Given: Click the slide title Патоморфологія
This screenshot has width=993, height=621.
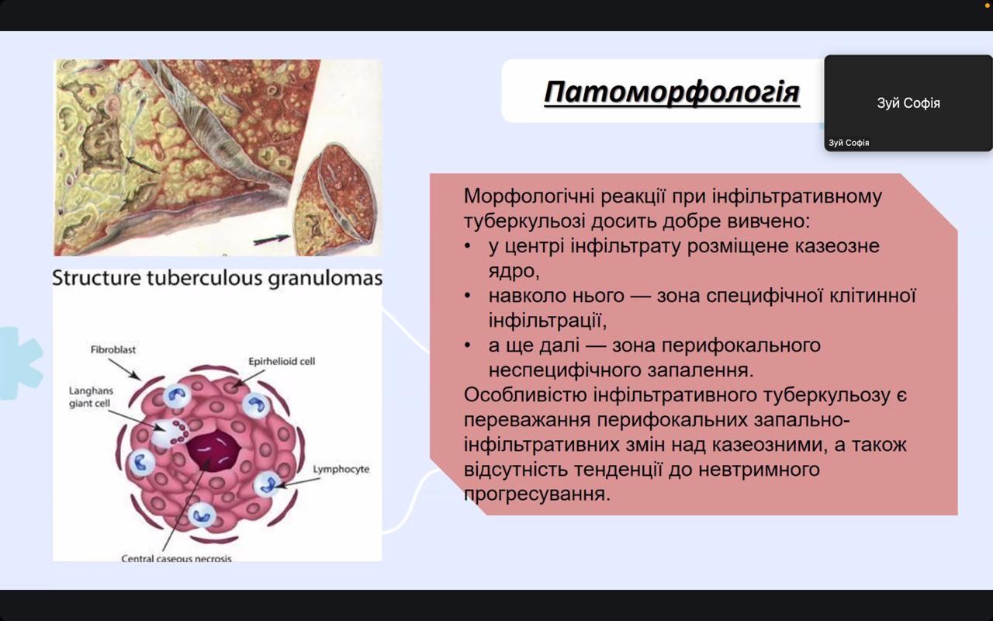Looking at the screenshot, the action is (672, 92).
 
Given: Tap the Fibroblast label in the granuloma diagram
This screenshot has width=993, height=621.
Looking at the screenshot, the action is (113, 349).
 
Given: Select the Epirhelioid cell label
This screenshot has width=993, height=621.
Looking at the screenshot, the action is (282, 362).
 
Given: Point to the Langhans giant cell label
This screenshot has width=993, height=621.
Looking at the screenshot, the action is (91, 397).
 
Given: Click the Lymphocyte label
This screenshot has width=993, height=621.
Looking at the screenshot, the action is (341, 470).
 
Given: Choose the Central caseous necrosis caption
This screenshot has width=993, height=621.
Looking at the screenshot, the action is (176, 558).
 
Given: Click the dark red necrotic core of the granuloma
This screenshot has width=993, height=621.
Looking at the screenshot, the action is (213, 451).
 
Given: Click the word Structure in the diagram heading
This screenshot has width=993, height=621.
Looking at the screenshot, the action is (97, 278).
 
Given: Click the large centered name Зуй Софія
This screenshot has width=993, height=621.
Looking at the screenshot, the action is (908, 103).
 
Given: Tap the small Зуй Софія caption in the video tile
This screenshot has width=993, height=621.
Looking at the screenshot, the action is (849, 143).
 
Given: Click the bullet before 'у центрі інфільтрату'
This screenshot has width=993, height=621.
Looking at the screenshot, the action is (467, 246).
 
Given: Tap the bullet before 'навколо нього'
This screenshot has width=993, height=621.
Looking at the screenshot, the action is (467, 296).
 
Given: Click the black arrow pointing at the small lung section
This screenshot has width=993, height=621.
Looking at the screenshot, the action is (272, 240).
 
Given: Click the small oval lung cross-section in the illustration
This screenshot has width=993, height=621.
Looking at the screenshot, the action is (335, 199).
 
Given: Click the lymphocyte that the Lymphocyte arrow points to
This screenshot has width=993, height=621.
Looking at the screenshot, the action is (268, 484).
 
